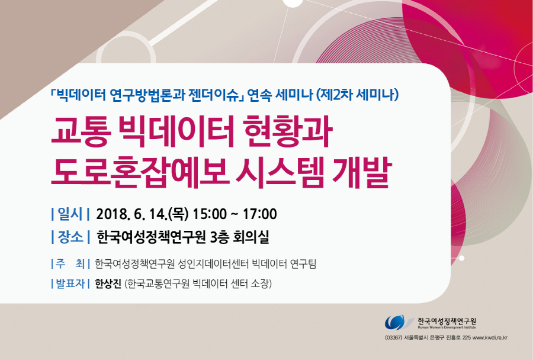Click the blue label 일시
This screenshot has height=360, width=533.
tap(70, 214)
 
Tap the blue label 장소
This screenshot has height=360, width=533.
tap(70, 237)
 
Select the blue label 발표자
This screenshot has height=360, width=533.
tap(70, 284)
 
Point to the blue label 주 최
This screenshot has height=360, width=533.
tap(70, 263)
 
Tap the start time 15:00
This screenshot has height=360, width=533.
tap(210, 214)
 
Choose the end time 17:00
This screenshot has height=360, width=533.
tap(260, 214)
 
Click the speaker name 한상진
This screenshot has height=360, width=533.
tap(108, 284)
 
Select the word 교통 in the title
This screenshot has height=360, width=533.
tap(81, 132)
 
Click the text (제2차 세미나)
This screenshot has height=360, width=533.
tap(357, 94)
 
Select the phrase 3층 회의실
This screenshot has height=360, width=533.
tap(239, 237)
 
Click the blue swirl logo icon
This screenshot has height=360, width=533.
tap(397, 322)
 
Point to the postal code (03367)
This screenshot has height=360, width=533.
tap(394, 338)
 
